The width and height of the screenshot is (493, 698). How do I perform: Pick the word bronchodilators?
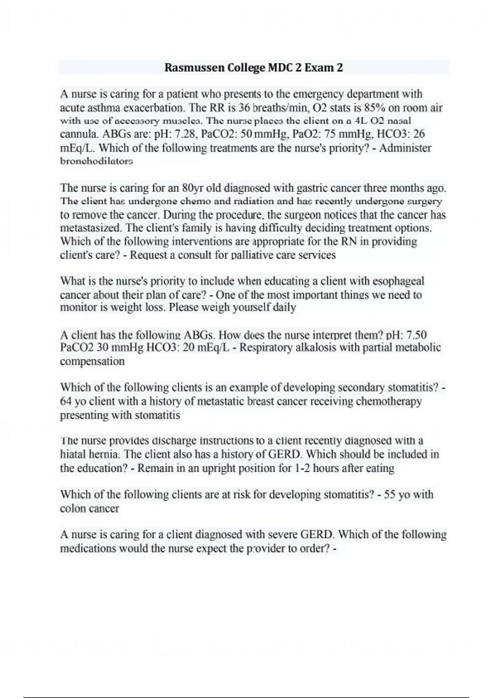click(x=97, y=161)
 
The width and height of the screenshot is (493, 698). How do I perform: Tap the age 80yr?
click(x=193, y=188)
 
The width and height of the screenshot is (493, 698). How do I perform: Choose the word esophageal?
click(x=398, y=281)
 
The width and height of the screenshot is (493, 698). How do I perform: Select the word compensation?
click(x=92, y=361)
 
